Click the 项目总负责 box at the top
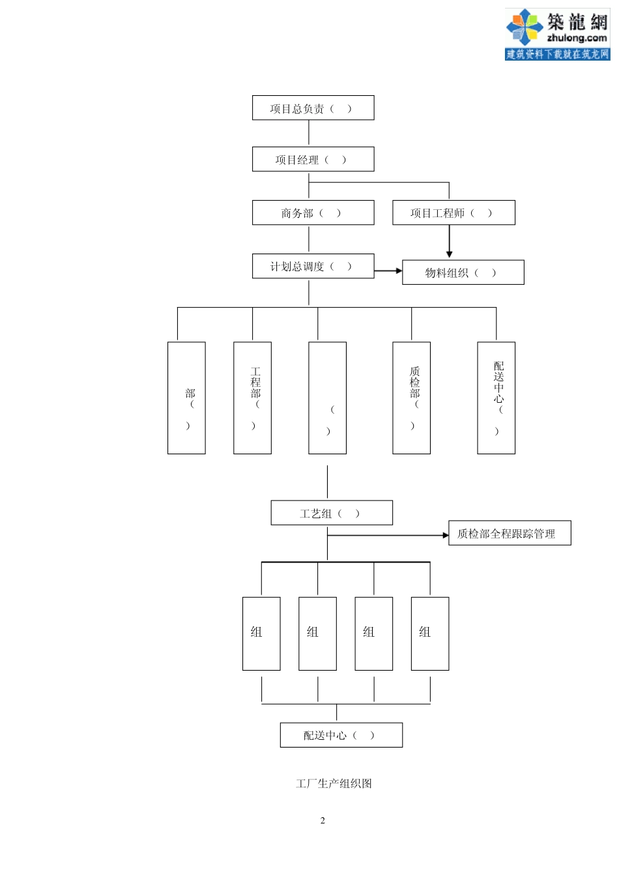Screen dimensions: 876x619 313,108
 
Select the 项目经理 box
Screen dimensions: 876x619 313,159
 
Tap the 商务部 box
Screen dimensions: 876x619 313,212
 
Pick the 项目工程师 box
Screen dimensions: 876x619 453,212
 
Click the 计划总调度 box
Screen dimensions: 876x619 313,266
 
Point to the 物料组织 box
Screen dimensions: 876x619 463,272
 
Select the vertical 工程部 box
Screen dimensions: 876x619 252,398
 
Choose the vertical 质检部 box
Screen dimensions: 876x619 411,398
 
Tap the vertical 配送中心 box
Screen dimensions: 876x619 496,398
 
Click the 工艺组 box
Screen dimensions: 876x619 332,513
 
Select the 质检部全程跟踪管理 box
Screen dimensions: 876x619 510,533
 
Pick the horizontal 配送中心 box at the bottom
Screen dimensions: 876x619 341,735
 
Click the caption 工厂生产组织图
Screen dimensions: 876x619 334,783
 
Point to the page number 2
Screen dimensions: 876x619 323,821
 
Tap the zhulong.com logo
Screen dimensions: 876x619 557,35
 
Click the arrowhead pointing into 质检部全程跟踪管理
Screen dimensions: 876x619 446,535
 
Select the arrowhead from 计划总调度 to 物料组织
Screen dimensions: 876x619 399,270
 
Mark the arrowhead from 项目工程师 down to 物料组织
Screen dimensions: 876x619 449,254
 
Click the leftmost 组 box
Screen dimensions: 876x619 261,634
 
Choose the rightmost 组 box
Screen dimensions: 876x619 429,634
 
